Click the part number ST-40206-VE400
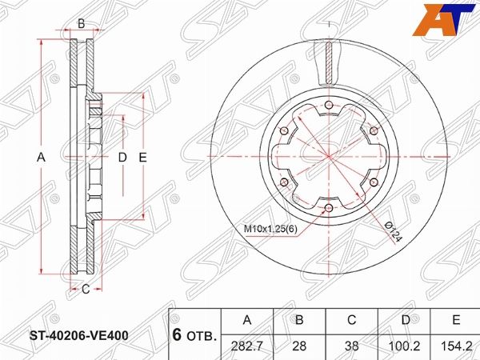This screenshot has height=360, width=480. (79, 336)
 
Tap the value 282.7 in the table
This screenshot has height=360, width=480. (246, 346)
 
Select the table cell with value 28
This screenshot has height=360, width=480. (299, 346)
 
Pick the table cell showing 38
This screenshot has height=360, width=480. (351, 346)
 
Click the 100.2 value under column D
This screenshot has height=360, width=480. (404, 346)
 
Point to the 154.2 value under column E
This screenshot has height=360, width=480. (457, 346)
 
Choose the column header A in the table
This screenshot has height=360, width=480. (246, 320)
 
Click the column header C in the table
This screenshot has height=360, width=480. (352, 320)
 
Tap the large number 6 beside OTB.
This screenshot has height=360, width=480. (177, 335)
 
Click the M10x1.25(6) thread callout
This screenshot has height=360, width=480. (270, 229)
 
